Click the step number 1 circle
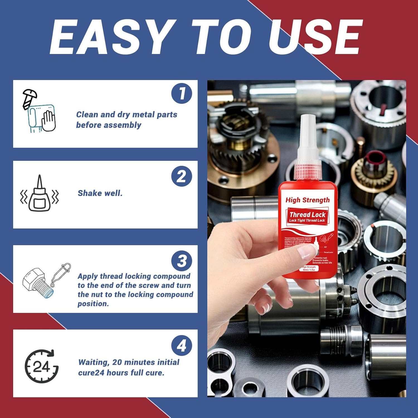click(x=182, y=93)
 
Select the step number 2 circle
click(x=182, y=176)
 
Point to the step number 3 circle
click(x=182, y=261)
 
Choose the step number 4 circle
click(x=182, y=346)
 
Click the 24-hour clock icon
click(x=42, y=366)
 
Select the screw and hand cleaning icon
click(x=39, y=111)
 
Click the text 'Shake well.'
click(x=100, y=193)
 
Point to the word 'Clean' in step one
click(x=87, y=115)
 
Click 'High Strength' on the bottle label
click(x=307, y=200)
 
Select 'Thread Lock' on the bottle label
click(x=307, y=215)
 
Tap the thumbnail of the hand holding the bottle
click(x=306, y=249)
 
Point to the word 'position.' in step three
click(x=93, y=304)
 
